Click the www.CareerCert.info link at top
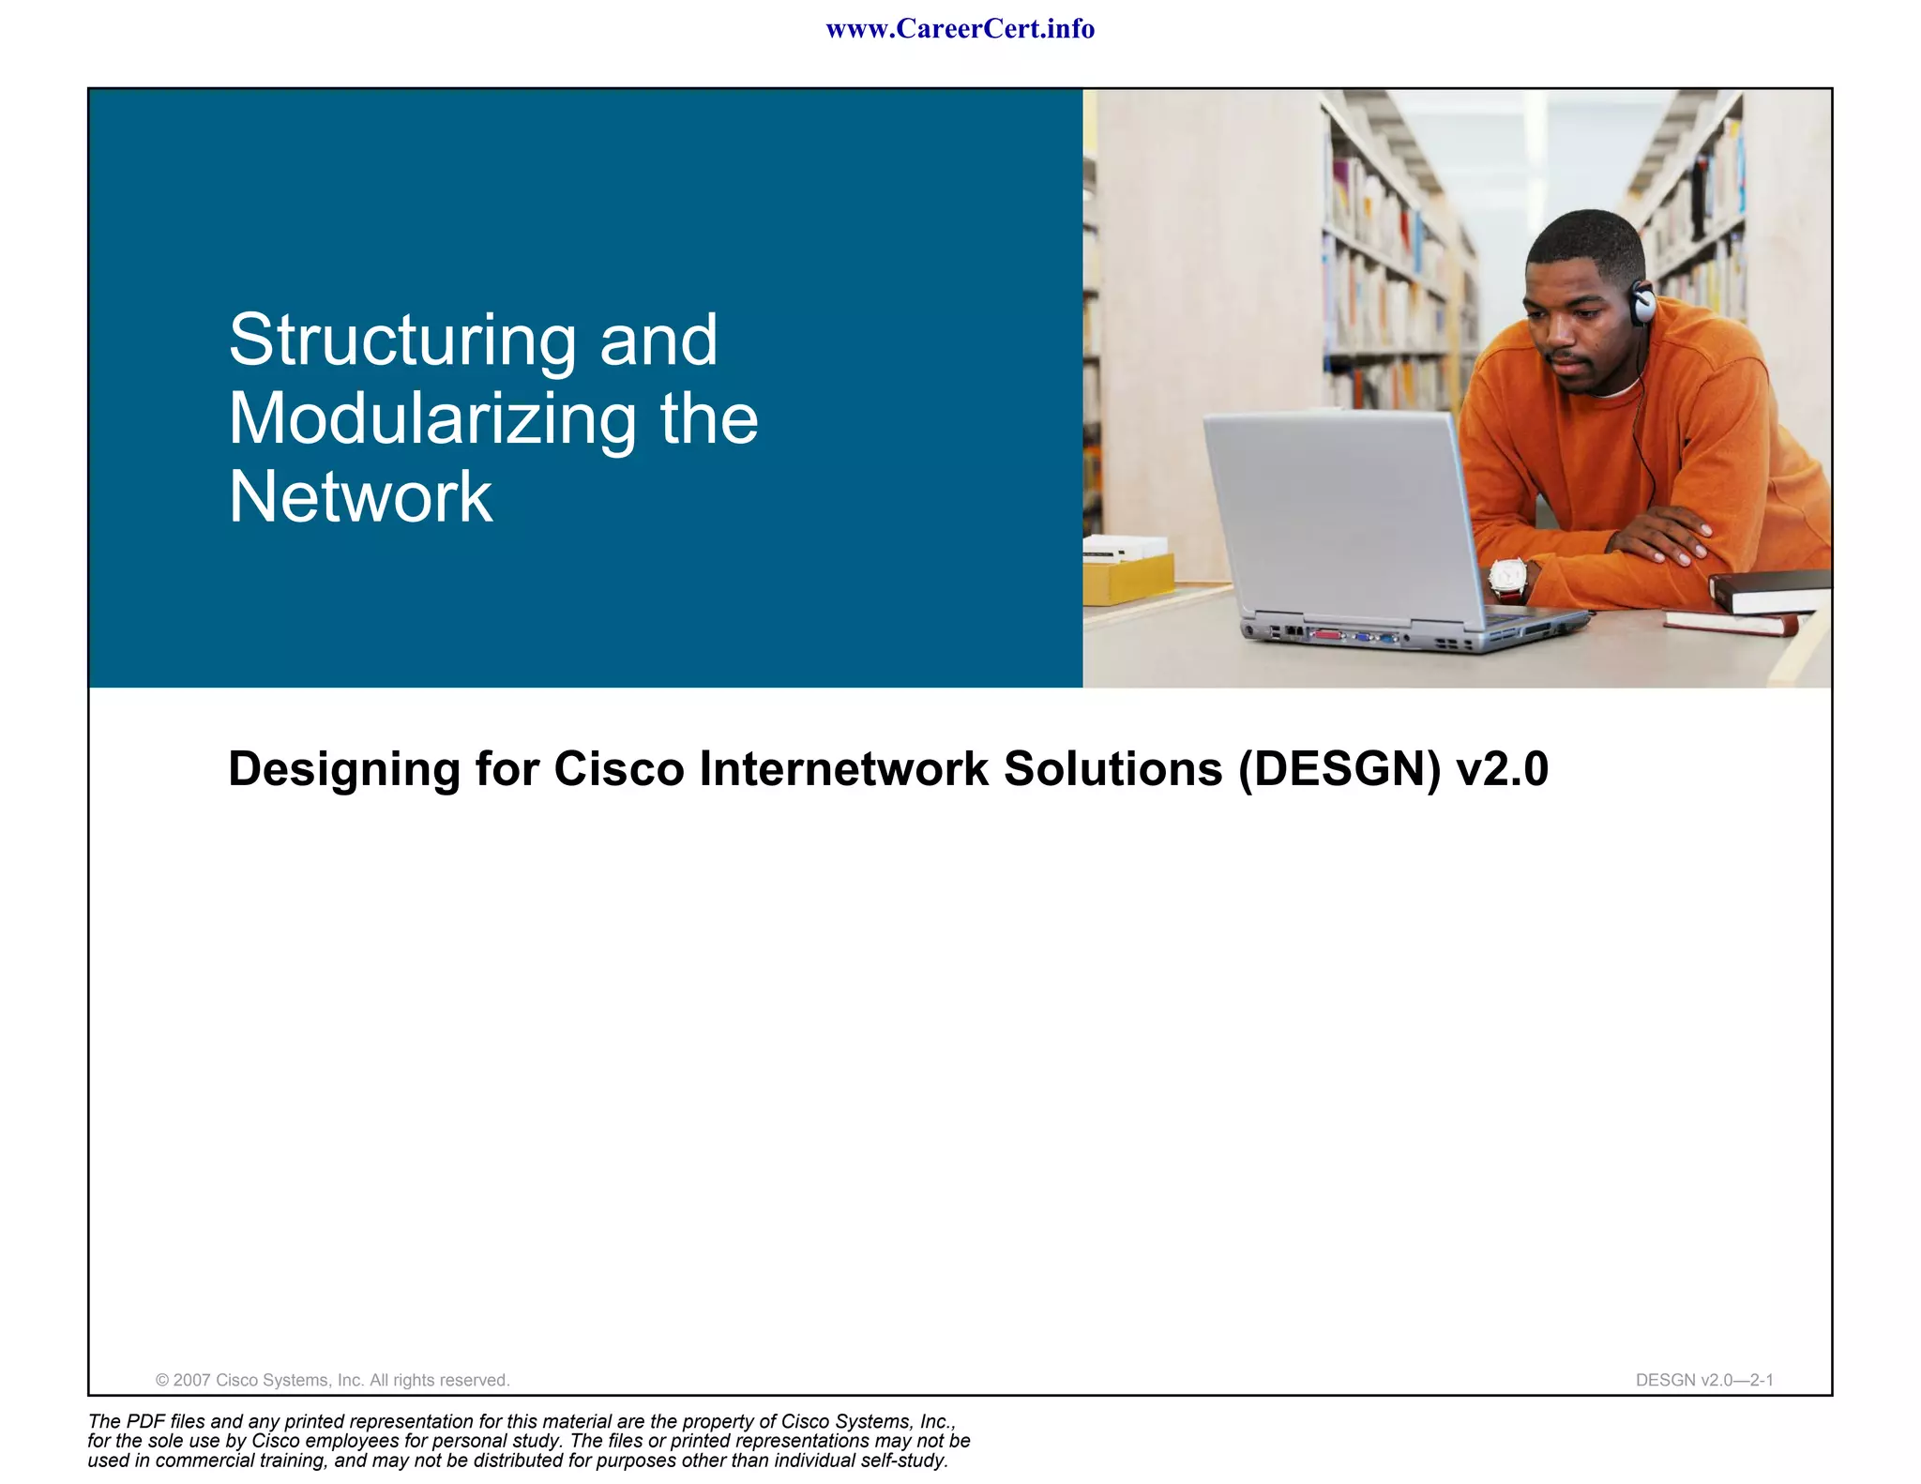[960, 29]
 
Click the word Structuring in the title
[402, 340]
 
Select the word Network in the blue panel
[360, 497]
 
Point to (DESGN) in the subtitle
[1339, 769]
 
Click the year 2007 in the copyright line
[191, 1380]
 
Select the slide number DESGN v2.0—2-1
[1704, 1380]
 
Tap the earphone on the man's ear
[1642, 302]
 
